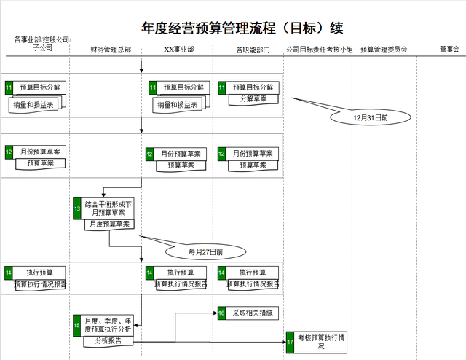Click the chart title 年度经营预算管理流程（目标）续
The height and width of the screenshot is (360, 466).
click(242, 28)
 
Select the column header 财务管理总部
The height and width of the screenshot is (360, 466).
click(111, 50)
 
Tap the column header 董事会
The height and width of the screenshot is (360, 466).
click(449, 50)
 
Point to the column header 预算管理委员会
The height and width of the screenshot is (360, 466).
click(384, 50)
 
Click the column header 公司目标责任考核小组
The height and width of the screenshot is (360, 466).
click(319, 50)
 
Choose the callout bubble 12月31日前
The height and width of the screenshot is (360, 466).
click(370, 117)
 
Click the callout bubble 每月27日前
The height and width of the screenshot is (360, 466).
click(205, 252)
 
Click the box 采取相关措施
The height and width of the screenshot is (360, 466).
click(252, 313)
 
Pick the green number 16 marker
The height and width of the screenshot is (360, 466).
click(222, 313)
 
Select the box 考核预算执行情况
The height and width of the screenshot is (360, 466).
click(321, 341)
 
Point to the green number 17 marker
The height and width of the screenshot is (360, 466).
click(290, 341)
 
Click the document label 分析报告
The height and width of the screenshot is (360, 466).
click(108, 340)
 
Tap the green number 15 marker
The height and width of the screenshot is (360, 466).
click(76, 325)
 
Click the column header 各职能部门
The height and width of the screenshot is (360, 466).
click(253, 50)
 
